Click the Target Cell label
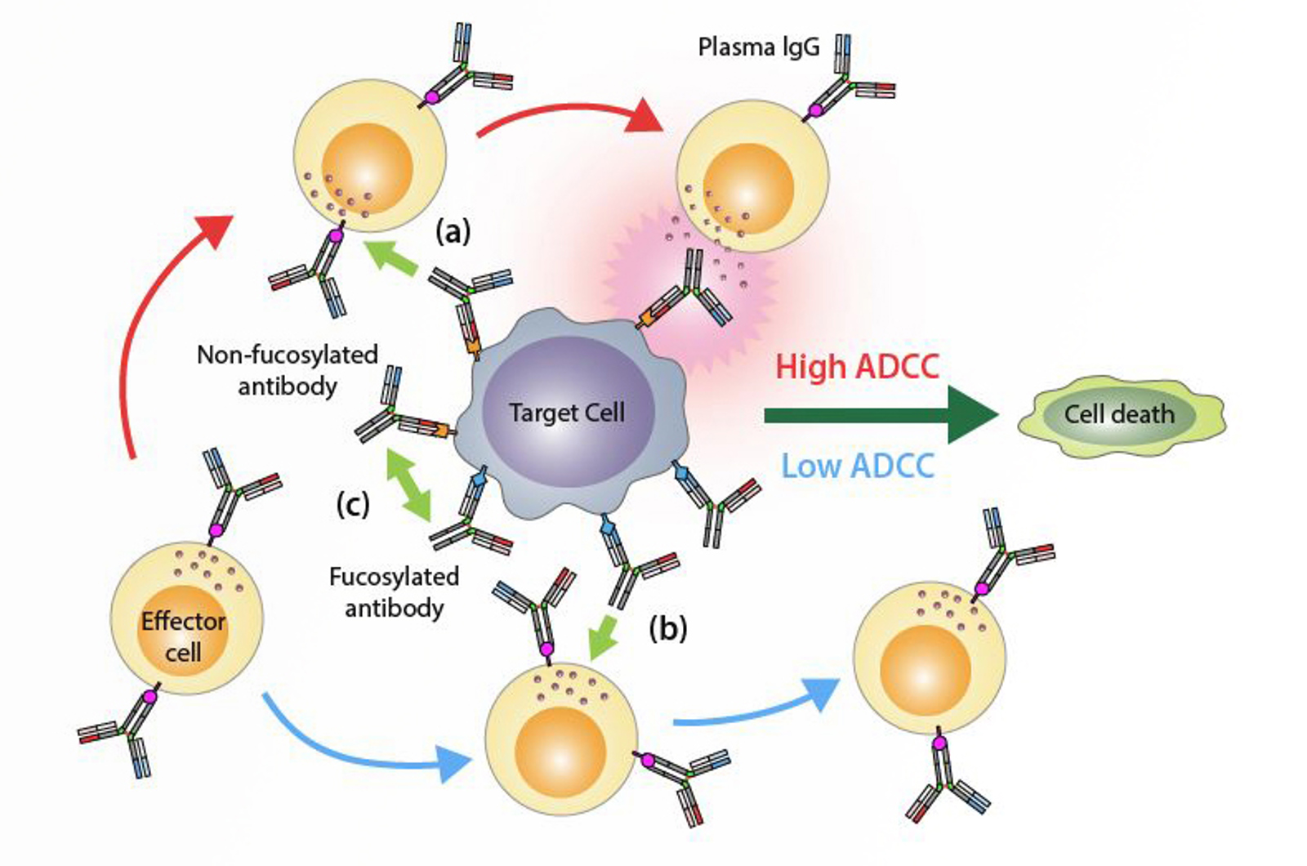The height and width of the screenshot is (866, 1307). click(x=567, y=413)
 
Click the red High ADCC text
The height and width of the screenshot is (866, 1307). click(x=857, y=367)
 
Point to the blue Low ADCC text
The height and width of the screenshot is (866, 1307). click(x=858, y=466)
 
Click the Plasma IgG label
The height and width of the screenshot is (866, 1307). click(x=758, y=47)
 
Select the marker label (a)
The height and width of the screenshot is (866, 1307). click(x=453, y=233)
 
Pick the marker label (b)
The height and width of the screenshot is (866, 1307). click(x=667, y=628)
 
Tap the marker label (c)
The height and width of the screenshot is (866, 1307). click(x=353, y=504)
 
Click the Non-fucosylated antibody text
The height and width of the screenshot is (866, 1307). click(x=288, y=370)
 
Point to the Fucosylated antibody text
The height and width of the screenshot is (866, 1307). click(x=394, y=592)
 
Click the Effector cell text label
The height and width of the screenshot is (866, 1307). click(x=183, y=637)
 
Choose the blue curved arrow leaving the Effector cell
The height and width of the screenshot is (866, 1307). click(x=359, y=748)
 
